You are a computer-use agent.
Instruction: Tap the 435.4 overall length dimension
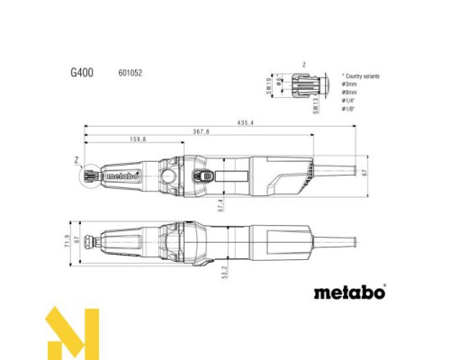point(244,121)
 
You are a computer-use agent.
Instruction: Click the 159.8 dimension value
point(138,141)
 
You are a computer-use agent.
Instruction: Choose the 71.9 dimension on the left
point(67,243)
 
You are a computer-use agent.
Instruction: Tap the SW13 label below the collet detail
point(314,109)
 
